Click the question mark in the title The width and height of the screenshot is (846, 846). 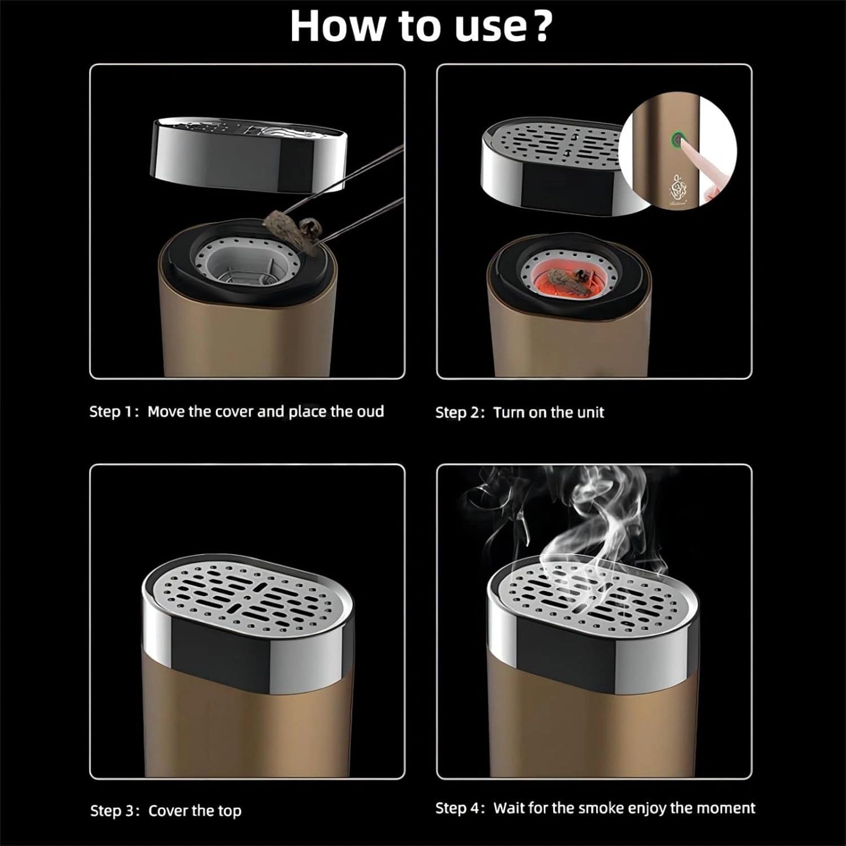541,26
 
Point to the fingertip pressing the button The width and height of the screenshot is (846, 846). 689,148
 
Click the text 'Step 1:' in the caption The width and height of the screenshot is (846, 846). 114,412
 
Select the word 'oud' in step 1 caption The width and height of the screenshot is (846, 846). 370,412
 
